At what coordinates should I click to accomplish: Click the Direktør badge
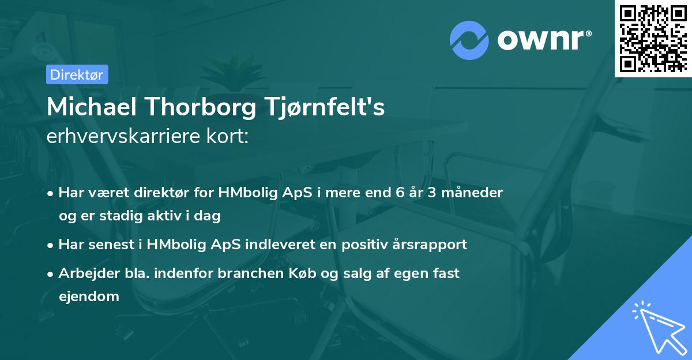(77, 74)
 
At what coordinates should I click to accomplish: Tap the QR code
(653, 38)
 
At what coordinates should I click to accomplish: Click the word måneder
(478, 192)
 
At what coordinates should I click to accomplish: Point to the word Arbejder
(82, 273)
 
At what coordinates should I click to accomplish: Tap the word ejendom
(89, 297)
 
